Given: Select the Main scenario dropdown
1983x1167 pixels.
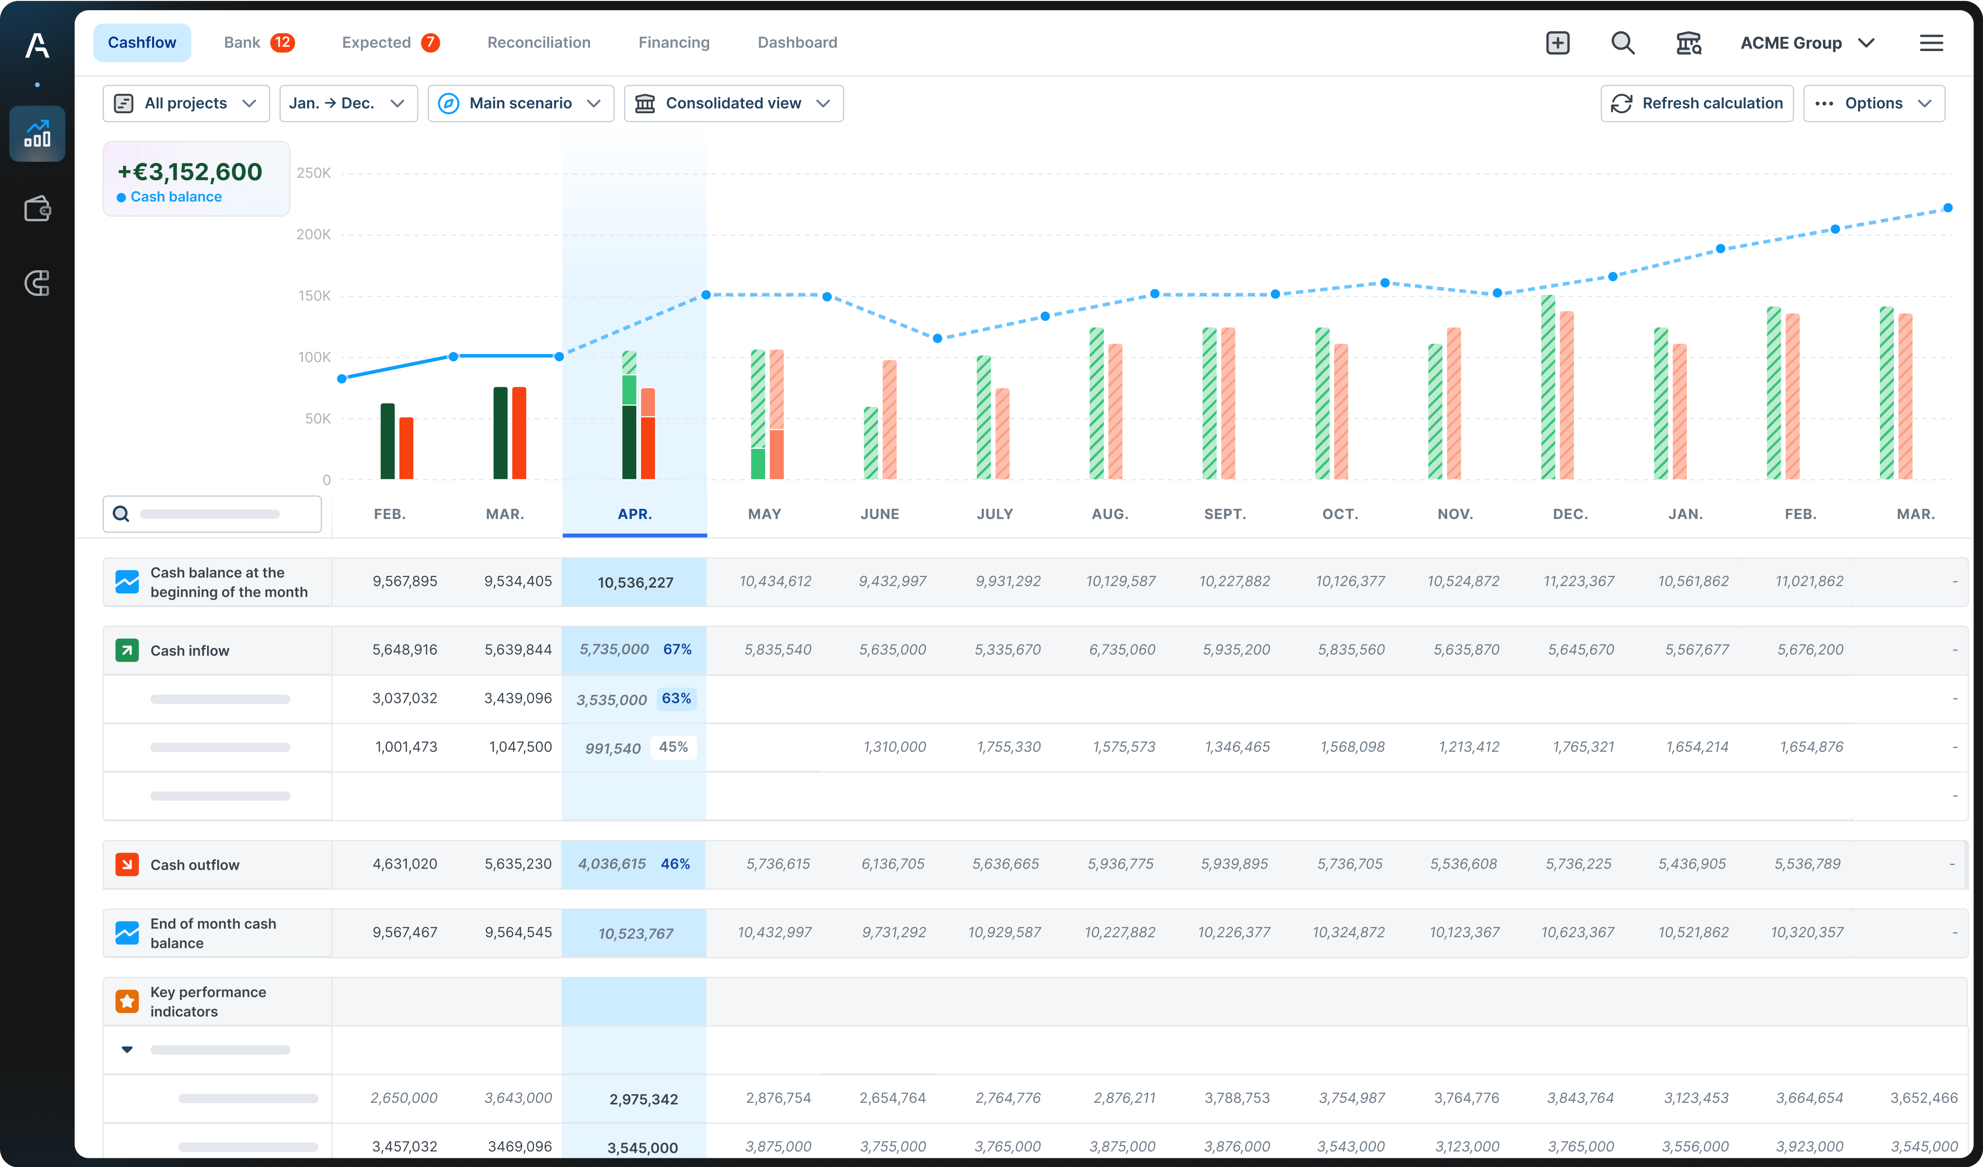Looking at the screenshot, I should coord(520,103).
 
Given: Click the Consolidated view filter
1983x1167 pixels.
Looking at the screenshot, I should coord(732,103).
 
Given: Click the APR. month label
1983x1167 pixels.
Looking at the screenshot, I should coord(634,514).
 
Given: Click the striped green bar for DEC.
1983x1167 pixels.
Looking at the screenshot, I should coord(1548,387).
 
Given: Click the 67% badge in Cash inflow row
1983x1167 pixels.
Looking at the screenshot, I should coord(677,649).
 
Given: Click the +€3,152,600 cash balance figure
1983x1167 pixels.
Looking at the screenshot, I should coord(190,172).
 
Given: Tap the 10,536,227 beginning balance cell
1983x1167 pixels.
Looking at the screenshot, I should coord(635,582).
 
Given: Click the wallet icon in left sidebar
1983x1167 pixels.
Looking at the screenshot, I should coord(37,209).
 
